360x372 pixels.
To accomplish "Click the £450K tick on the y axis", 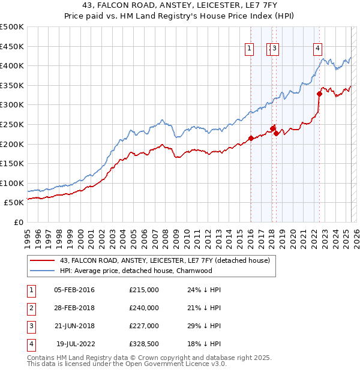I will pos(12,46).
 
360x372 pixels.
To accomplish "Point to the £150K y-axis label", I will pos(12,163).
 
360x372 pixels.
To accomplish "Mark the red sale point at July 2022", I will pos(320,94).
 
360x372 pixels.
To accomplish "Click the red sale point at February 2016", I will pos(251,138).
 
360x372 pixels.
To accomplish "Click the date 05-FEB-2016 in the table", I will pos(74,290).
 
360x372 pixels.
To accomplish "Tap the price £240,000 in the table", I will pos(144,308).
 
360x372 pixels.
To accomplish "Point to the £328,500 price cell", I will pos(144,344).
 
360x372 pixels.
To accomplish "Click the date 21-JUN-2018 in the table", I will pos(74,326).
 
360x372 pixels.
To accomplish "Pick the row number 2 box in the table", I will pos(31,308).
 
